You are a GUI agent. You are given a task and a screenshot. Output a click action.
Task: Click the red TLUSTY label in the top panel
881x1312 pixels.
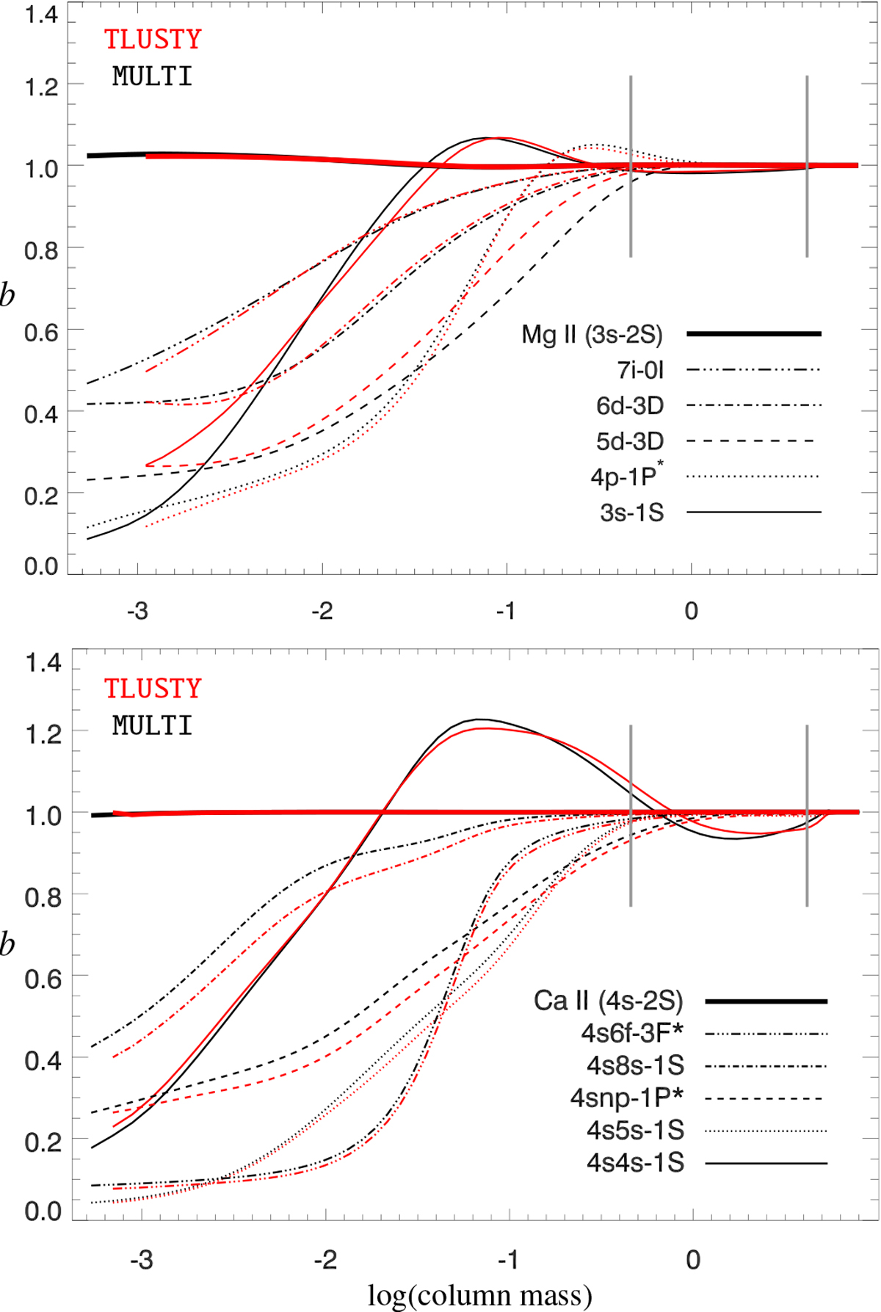pyautogui.click(x=153, y=39)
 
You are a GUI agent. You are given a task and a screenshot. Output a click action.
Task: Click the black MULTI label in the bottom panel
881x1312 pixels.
pyautogui.click(x=153, y=725)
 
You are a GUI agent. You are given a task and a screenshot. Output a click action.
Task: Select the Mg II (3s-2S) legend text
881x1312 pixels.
pyautogui.click(x=592, y=335)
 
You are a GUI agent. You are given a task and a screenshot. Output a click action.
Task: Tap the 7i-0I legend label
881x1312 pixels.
pyautogui.click(x=640, y=370)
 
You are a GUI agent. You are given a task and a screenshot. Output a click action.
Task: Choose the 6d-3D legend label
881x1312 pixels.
pyautogui.click(x=630, y=405)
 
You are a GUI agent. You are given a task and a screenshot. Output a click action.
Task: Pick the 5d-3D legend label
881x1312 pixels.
pyautogui.click(x=630, y=441)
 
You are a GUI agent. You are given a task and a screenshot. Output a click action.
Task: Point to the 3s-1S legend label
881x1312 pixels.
pyautogui.click(x=631, y=512)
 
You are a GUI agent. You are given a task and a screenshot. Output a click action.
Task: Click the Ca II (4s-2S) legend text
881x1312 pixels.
pyautogui.click(x=608, y=1001)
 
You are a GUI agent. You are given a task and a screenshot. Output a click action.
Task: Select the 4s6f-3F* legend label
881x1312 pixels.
pyautogui.click(x=632, y=1033)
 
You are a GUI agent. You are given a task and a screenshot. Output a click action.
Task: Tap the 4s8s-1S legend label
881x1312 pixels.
pyautogui.click(x=635, y=1065)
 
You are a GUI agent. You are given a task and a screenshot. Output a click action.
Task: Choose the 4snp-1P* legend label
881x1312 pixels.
pyautogui.click(x=627, y=1098)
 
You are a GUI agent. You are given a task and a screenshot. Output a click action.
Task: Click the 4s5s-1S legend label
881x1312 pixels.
pyautogui.click(x=635, y=1131)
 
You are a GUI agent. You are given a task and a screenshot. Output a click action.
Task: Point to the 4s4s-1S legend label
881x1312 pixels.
pyautogui.click(x=635, y=1163)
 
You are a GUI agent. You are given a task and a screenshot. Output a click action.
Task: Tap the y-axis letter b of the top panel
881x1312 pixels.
pyautogui.click(x=7, y=296)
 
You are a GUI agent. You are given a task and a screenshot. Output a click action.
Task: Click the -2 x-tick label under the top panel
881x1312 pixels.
pyautogui.click(x=322, y=611)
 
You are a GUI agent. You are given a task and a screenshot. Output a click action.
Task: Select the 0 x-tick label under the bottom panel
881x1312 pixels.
pyautogui.click(x=693, y=1261)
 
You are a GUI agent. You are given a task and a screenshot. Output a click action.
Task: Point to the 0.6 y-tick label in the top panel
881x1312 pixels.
pyautogui.click(x=41, y=333)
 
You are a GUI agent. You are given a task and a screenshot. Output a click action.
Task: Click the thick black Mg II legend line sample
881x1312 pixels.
pyautogui.click(x=754, y=334)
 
